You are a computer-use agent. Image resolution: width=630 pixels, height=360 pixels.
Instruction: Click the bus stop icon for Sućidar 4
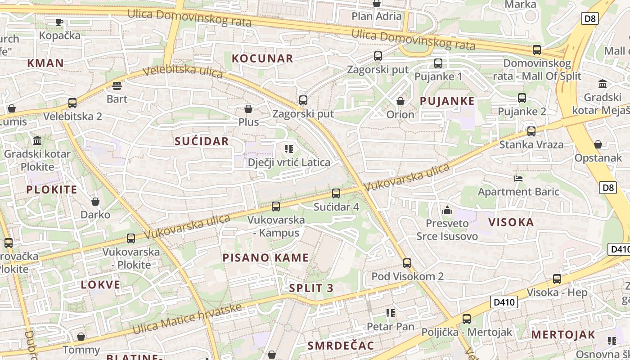(x=336, y=193)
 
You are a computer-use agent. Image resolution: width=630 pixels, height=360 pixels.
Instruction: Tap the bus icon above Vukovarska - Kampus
(x=276, y=207)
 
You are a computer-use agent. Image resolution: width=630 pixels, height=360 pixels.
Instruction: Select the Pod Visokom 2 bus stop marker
(x=407, y=263)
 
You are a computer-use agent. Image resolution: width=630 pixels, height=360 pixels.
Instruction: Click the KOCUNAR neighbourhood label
(x=262, y=58)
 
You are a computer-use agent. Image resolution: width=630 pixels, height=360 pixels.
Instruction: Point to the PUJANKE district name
(x=447, y=101)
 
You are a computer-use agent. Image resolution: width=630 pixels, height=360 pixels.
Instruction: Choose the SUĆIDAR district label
(x=202, y=141)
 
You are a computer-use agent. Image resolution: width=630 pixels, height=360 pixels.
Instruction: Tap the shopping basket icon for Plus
(x=248, y=109)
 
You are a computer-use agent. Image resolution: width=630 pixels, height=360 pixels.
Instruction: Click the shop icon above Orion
(x=400, y=101)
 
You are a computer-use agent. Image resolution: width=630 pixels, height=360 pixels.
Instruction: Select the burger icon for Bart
(x=117, y=85)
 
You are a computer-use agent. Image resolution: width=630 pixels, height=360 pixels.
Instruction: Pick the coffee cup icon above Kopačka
(x=59, y=22)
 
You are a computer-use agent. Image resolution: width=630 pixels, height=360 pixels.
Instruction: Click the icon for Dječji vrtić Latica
(x=288, y=148)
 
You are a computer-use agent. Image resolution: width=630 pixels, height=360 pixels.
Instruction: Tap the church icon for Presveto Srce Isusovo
(x=447, y=210)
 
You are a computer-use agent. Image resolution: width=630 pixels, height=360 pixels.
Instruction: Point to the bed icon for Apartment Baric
(x=518, y=178)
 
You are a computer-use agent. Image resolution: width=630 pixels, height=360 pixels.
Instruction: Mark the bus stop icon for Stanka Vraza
(x=531, y=131)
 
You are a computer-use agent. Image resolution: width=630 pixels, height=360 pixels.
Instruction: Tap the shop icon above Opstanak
(x=598, y=144)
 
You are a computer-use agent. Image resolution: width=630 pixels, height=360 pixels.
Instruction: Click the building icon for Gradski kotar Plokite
(x=37, y=141)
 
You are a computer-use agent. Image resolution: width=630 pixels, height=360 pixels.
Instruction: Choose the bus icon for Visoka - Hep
(x=557, y=279)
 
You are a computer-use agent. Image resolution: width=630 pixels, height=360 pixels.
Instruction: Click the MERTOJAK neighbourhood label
(x=563, y=335)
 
